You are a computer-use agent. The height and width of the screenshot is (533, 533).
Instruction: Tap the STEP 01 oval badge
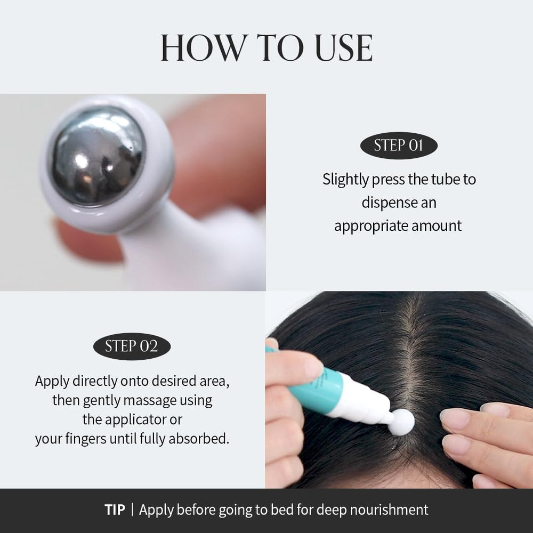pyautogui.click(x=399, y=146)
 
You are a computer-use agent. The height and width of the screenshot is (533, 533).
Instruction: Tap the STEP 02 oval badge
pyautogui.click(x=132, y=346)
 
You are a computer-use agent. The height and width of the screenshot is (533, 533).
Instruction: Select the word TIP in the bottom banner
pyautogui.click(x=115, y=510)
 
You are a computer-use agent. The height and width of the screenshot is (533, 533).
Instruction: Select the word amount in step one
pyautogui.click(x=437, y=225)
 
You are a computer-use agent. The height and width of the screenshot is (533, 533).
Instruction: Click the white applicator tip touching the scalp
pyautogui.click(x=402, y=422)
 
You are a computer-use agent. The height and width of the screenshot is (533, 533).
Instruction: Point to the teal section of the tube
pyautogui.click(x=313, y=385)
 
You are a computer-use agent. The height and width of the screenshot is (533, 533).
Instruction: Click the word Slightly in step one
pyautogui.click(x=345, y=180)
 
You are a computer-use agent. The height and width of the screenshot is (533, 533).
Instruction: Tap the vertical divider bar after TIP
pyautogui.click(x=132, y=510)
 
